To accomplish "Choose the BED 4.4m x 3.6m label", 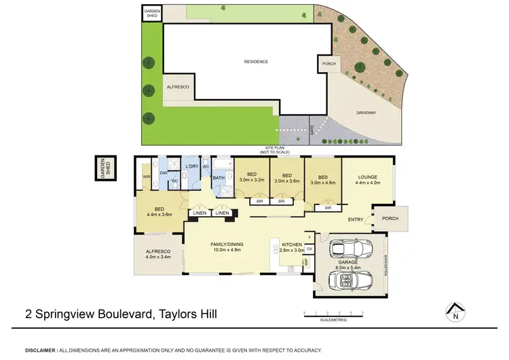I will coord(159,211).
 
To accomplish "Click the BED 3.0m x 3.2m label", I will coord(252,177).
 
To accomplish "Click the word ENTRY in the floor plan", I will coord(356,219).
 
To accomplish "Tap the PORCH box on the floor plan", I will coord(390,219).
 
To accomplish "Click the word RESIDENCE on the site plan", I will coord(256,62).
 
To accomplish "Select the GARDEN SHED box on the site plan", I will coord(151,13).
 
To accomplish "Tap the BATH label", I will coord(218,178).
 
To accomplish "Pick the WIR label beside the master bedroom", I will coord(146,178).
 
